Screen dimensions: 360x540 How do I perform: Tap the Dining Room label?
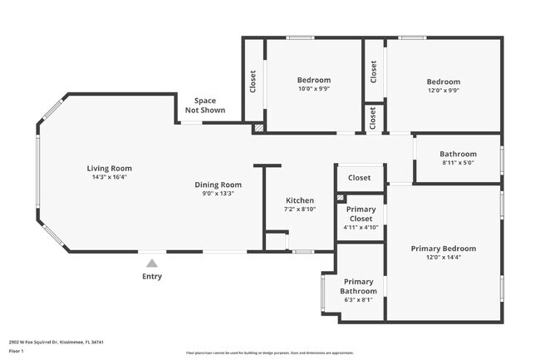[218, 185]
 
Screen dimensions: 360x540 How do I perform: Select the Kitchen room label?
[300, 200]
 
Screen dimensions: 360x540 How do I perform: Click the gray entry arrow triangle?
[151, 264]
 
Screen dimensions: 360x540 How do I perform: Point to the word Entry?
[152, 277]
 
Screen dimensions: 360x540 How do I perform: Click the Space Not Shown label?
[204, 105]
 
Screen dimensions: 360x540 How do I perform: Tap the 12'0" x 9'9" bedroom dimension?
[443, 91]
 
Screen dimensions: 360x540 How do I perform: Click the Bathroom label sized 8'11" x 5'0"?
[458, 154]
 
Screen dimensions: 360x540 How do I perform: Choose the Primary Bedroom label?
[443, 249]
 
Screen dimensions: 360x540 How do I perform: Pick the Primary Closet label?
[361, 214]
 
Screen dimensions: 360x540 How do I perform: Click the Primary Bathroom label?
[359, 286]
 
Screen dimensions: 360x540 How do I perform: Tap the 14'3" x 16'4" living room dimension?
[110, 177]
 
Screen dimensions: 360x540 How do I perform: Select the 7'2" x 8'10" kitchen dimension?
[300, 210]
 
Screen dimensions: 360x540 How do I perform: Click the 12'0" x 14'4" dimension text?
[443, 258]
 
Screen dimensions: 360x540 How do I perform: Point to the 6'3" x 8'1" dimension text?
[359, 299]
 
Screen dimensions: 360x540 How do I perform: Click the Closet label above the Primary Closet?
[359, 177]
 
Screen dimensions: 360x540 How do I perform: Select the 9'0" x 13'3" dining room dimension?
[218, 194]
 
